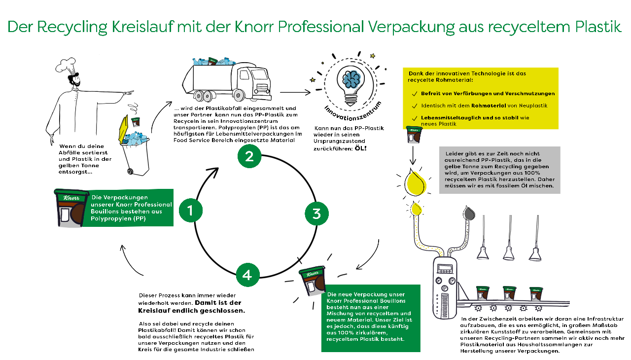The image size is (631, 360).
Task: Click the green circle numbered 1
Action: [x=191, y=211]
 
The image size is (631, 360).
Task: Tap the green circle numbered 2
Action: [x=249, y=157]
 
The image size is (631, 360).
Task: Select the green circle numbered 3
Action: [x=316, y=214]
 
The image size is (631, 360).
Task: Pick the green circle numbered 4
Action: [x=247, y=274]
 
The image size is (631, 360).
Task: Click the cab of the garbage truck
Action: [x=252, y=82]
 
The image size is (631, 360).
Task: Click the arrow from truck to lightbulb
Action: [x=295, y=92]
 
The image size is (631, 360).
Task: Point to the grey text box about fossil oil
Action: [x=499, y=169]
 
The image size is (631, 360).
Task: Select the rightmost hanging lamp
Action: [x=536, y=253]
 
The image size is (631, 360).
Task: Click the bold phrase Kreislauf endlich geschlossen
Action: [x=192, y=311]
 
